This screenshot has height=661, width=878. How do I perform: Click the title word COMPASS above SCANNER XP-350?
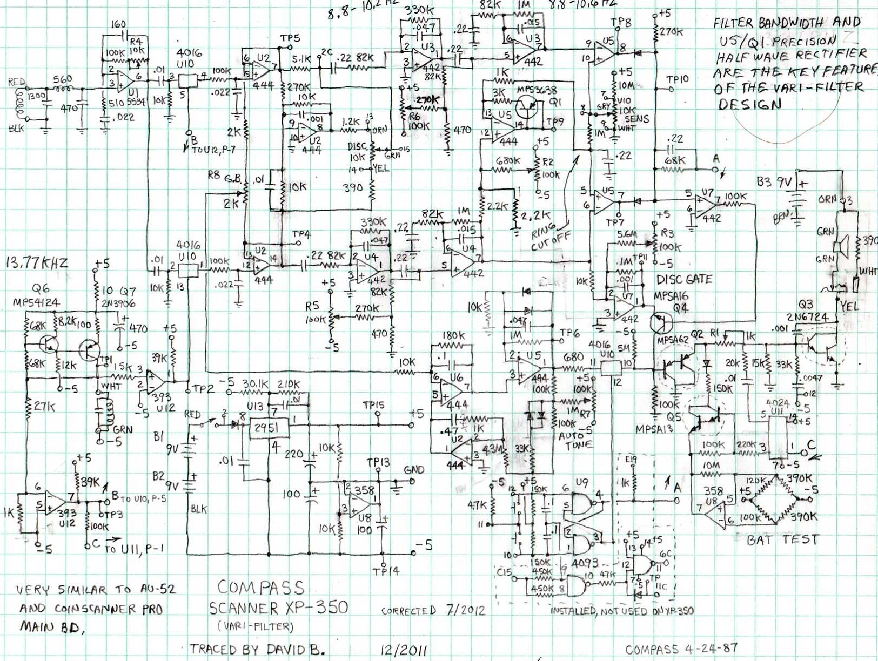(x=261, y=588)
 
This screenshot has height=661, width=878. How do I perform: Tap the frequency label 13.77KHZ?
(x=37, y=263)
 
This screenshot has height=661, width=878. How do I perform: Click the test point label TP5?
(x=290, y=39)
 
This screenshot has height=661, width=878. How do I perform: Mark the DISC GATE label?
(x=684, y=280)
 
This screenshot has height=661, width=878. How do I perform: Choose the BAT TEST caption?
(x=782, y=539)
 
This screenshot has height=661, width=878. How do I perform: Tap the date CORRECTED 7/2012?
(x=433, y=610)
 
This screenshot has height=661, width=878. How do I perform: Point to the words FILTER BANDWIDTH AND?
(x=786, y=23)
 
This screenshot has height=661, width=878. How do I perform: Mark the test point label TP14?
(x=386, y=570)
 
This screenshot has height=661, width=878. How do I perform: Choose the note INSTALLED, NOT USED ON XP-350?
(x=622, y=611)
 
